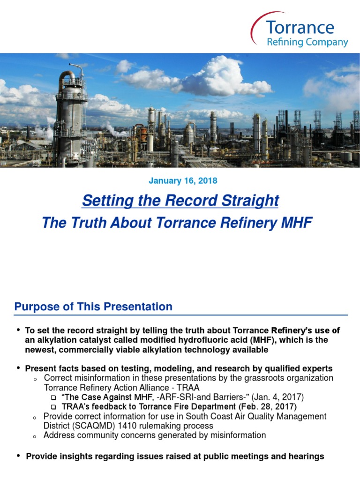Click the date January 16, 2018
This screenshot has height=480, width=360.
pyautogui.click(x=183, y=180)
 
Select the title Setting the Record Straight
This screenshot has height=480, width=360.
pyautogui.click(x=180, y=201)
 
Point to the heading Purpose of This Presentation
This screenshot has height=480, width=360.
pyautogui.click(x=93, y=307)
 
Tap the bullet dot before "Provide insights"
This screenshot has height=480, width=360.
pyautogui.click(x=18, y=456)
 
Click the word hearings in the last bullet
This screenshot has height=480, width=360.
pyautogui.click(x=307, y=456)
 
